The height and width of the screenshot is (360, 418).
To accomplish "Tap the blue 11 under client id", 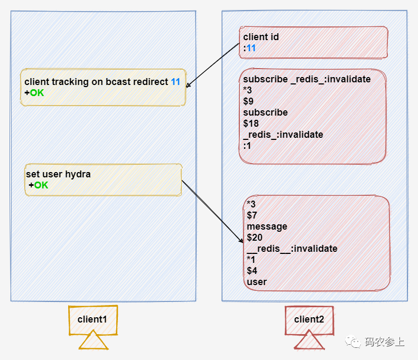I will [x=251, y=48].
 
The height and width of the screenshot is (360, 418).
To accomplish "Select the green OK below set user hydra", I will [x=41, y=185].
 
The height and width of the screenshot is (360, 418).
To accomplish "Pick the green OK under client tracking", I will [x=37, y=93].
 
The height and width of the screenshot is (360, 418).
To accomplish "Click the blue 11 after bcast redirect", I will [x=175, y=82].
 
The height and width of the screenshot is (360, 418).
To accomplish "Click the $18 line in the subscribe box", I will [x=250, y=124].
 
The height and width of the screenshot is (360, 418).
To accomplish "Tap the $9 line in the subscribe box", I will [x=248, y=101].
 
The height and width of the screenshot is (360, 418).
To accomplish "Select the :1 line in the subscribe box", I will [x=247, y=146].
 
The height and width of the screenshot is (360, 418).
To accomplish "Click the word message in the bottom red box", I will [x=267, y=226].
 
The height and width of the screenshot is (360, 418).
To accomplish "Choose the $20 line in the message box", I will [x=254, y=238].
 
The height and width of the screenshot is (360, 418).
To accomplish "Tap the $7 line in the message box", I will [x=252, y=215].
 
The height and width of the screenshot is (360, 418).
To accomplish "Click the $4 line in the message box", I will [x=252, y=271].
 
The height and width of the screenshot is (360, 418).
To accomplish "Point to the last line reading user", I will [x=257, y=282].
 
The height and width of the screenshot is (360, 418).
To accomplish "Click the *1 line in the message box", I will [x=251, y=260].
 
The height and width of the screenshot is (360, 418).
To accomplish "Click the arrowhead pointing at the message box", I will [x=241, y=241].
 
